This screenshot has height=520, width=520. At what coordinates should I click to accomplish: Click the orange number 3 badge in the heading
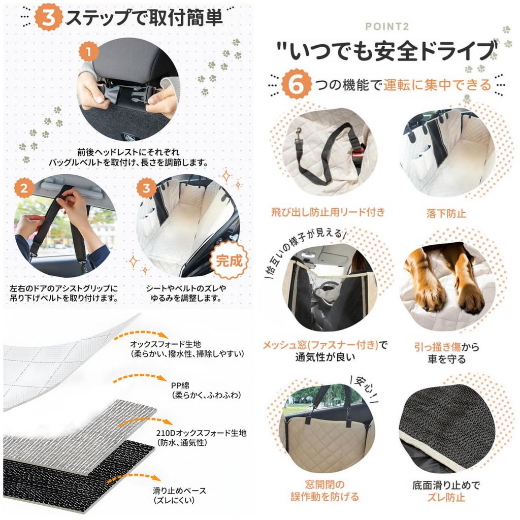pyautogui.click(x=49, y=17)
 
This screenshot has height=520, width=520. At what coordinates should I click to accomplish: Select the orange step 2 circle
pyautogui.click(x=24, y=188)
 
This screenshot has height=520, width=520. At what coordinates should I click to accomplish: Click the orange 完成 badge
pyautogui.click(x=230, y=261)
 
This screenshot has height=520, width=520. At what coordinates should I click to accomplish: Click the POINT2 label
pyautogui.click(x=386, y=27)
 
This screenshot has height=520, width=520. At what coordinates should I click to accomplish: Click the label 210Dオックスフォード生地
pyautogui.click(x=202, y=433)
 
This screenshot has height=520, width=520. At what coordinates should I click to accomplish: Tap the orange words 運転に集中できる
pyautogui.click(x=437, y=84)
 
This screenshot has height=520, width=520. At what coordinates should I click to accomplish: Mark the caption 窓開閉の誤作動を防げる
pyautogui.click(x=324, y=491)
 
